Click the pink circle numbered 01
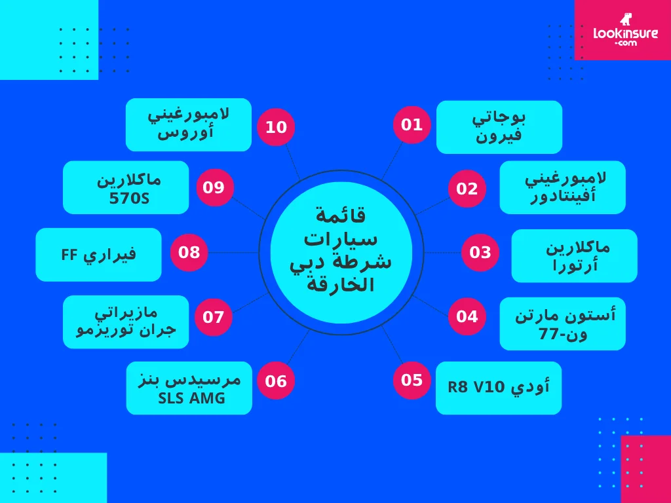point(412,124)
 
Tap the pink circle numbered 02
point(467,189)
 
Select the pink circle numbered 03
point(480,252)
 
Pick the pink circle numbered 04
point(467,316)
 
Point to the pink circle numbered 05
point(412,380)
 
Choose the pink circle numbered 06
point(276,381)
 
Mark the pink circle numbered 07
point(214,317)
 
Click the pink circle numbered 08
point(189,252)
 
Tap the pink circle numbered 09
point(214,188)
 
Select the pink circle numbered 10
point(276,126)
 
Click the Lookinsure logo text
point(625,35)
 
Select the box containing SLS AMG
point(189,388)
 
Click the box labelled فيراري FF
point(98,255)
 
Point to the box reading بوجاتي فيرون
point(499,127)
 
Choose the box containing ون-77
point(562,324)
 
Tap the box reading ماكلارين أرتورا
point(574,255)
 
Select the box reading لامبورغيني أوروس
point(189,124)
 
